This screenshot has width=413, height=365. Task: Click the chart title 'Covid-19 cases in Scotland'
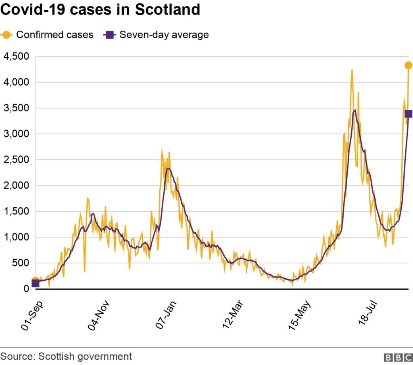pyautogui.click(x=100, y=10)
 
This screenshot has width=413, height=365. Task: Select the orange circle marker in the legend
pyautogui.click(x=6, y=35)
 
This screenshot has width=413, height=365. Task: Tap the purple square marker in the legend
pyautogui.click(x=110, y=35)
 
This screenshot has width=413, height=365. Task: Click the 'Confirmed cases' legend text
pyautogui.click(x=55, y=35)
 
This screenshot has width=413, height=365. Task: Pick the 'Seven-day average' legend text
pyautogui.click(x=164, y=35)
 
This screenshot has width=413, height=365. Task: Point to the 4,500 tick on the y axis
pyautogui.click(x=16, y=56)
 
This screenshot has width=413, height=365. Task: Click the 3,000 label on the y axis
pyautogui.click(x=16, y=134)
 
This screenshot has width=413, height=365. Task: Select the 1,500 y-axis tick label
pyautogui.click(x=16, y=211)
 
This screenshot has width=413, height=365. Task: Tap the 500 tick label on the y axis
pyautogui.click(x=21, y=263)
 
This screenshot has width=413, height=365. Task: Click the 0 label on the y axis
pyautogui.click(x=26, y=289)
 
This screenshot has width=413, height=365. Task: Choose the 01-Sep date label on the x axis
pyautogui.click(x=31, y=315)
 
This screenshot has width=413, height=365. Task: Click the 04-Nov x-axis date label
pyautogui.click(x=98, y=315)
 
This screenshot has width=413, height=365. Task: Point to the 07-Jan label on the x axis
pyautogui.click(x=166, y=315)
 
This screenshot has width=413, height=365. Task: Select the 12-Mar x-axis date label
pyautogui.click(x=233, y=315)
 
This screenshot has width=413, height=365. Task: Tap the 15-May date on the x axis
pyautogui.click(x=300, y=315)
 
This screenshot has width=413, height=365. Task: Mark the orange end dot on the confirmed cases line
pyautogui.click(x=409, y=65)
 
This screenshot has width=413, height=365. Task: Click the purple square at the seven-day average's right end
pyautogui.click(x=409, y=114)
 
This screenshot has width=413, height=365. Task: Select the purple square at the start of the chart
pyautogui.click(x=35, y=284)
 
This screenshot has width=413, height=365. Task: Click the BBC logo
pyautogui.click(x=398, y=357)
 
